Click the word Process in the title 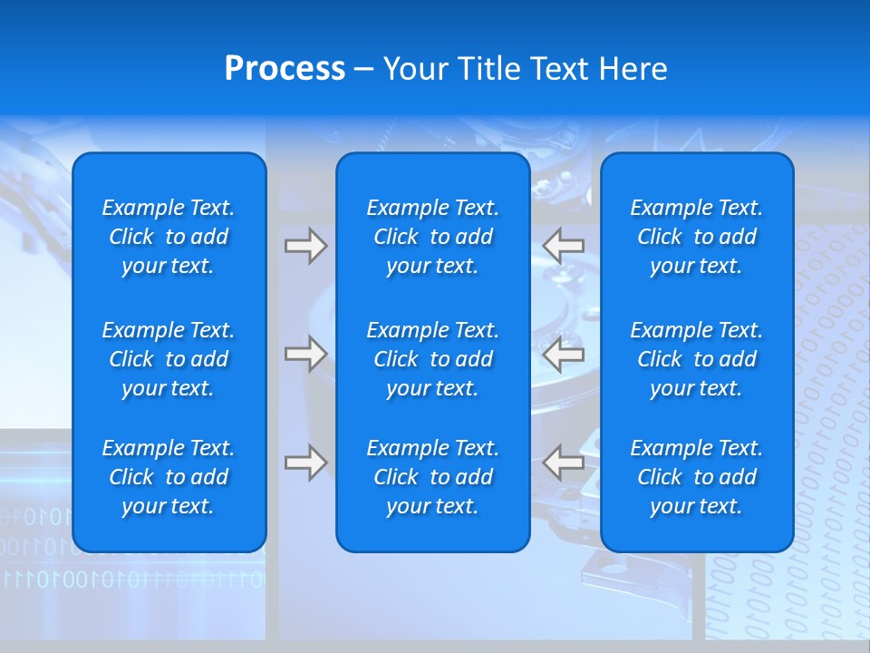tap(285, 69)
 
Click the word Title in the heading tap(487, 69)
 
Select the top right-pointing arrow tap(305, 246)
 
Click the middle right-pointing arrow tap(305, 354)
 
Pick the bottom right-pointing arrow tap(305, 463)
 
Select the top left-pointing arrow tap(564, 246)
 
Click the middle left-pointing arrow tap(564, 354)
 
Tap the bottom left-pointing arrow tap(564, 463)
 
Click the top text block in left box tap(169, 237)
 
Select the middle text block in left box tap(169, 359)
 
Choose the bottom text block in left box tap(169, 477)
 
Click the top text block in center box tap(432, 237)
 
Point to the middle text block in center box tap(432, 359)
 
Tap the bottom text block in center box tap(432, 477)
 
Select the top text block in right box tap(696, 237)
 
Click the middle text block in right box tap(696, 359)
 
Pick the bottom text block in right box tap(696, 477)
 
